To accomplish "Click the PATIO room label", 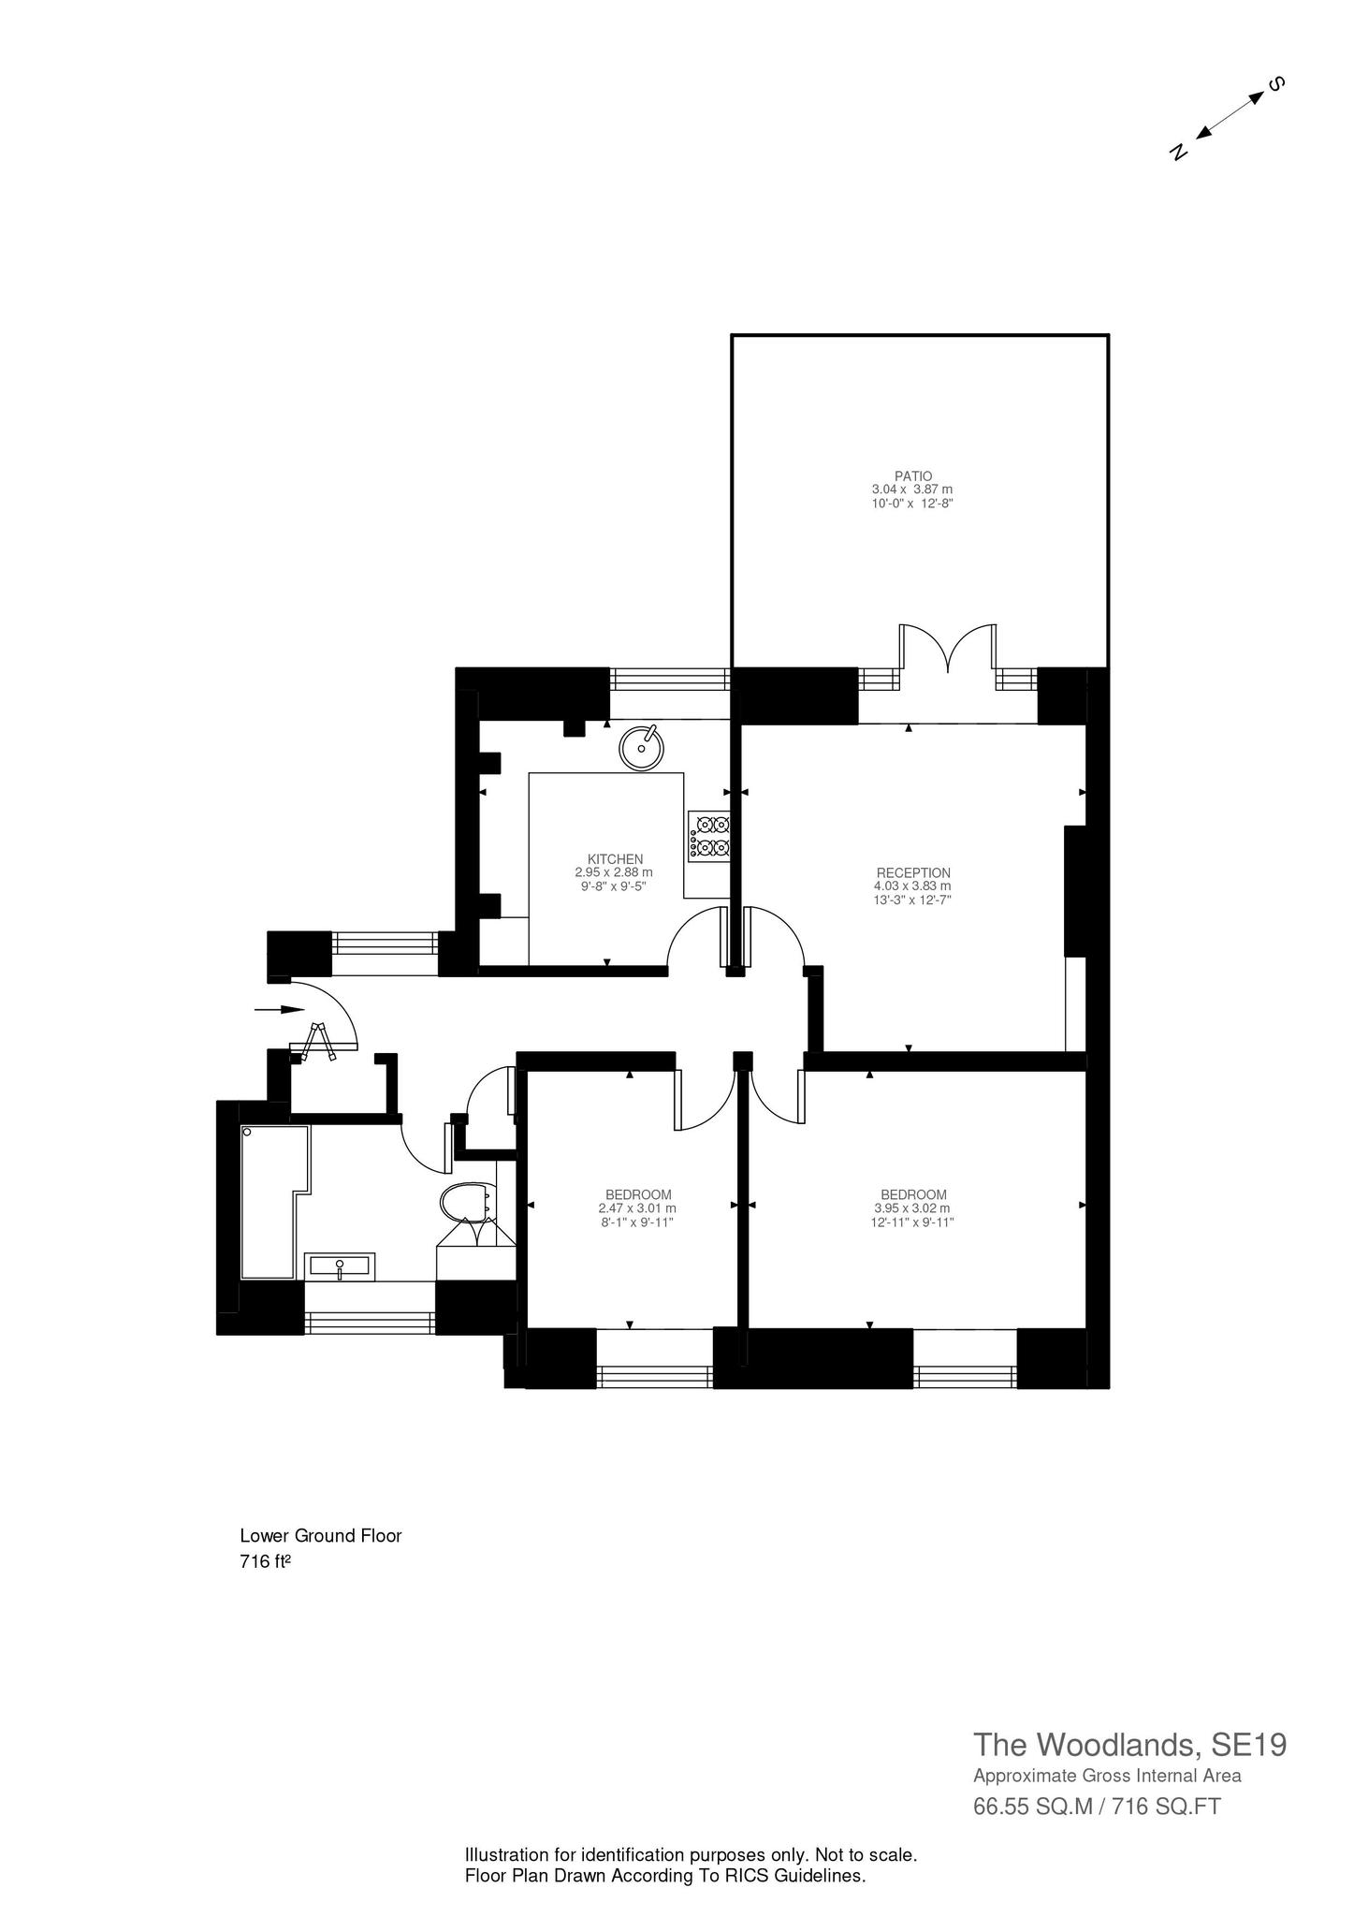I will [912, 476].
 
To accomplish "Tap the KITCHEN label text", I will [615, 858].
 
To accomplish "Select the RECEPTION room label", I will [912, 872].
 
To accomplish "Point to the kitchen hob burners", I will [709, 836].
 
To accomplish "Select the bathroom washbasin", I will [340, 1266].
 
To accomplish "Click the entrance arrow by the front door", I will [280, 1009].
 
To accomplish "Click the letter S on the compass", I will [1275, 84].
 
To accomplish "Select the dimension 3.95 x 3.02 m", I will [912, 1208].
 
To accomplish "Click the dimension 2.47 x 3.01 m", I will [637, 1208].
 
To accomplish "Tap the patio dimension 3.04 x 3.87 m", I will [912, 490].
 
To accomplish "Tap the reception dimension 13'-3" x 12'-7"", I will [912, 900].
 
